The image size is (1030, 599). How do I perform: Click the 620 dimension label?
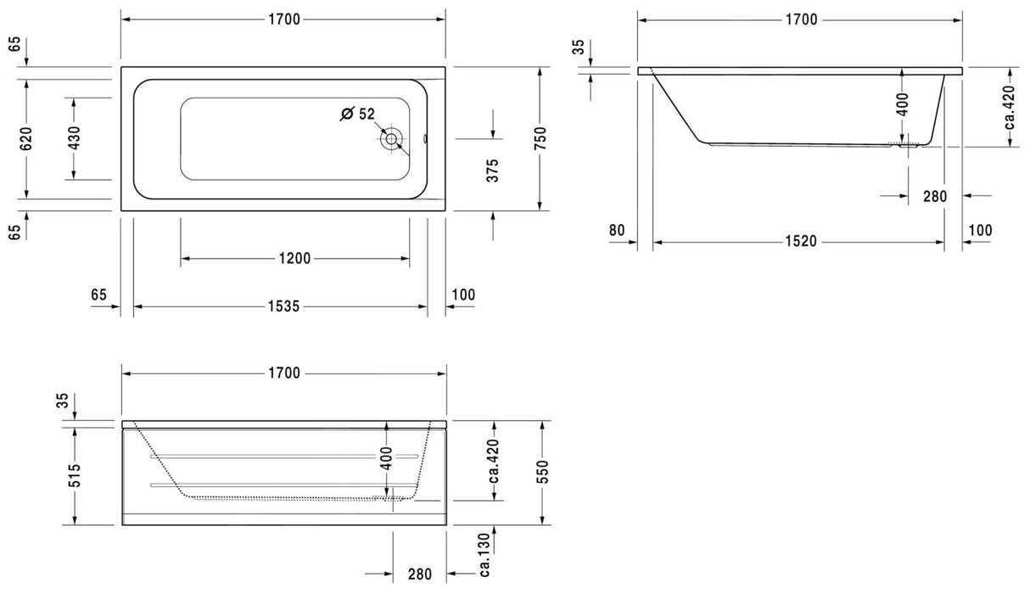(x=25, y=138)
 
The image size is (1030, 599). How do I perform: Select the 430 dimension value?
(x=74, y=138)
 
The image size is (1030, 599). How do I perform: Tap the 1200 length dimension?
(x=294, y=259)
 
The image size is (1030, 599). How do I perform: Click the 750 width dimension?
(x=540, y=138)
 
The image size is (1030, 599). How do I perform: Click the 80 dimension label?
(x=616, y=230)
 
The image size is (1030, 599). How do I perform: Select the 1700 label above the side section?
(x=801, y=20)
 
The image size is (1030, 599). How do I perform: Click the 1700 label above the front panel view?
(x=285, y=372)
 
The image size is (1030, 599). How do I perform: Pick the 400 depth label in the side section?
(x=902, y=104)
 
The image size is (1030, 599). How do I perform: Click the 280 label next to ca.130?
(x=419, y=574)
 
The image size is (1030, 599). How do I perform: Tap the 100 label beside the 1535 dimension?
(x=463, y=294)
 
